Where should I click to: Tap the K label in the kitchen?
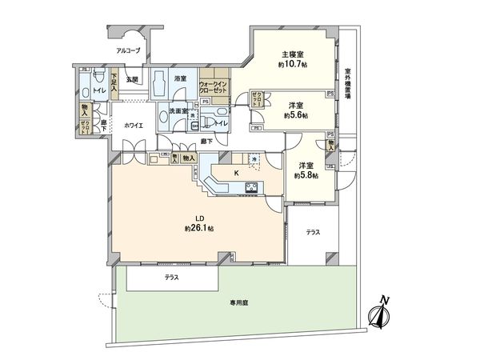tap(235, 171)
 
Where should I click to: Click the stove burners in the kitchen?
tap(250, 189)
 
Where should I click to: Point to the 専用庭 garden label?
tap(242, 304)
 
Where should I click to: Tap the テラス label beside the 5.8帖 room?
tap(313, 232)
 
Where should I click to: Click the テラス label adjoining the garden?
tap(172, 278)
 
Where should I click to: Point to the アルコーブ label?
tap(128, 50)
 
